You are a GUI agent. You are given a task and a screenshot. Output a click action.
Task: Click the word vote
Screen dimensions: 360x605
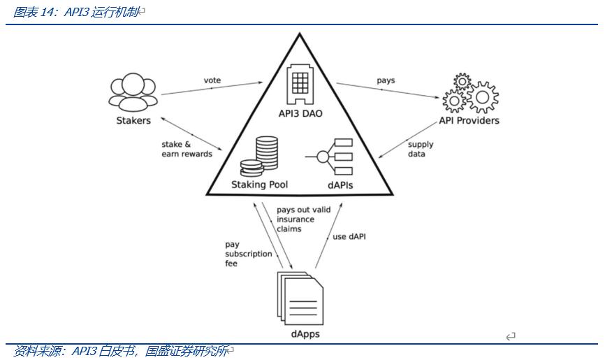click(212, 80)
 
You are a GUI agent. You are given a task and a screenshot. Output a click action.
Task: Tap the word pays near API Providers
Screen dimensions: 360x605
click(386, 80)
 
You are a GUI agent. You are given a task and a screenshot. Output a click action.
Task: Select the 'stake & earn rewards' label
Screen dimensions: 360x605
click(187, 150)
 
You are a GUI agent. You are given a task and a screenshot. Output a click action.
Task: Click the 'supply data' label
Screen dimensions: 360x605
click(421, 150)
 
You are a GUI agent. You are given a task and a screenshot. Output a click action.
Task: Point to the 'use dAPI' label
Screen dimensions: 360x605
click(349, 236)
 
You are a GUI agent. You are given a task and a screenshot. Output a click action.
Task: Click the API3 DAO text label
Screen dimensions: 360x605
click(300, 115)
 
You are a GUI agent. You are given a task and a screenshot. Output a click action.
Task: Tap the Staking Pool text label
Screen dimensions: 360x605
click(259, 185)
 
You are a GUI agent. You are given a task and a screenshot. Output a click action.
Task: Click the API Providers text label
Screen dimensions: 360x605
click(469, 120)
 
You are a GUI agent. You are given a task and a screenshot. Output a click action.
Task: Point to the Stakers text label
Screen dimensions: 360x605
click(133, 120)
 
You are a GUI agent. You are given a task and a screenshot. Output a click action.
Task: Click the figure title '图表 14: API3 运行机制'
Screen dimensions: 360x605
click(77, 12)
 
